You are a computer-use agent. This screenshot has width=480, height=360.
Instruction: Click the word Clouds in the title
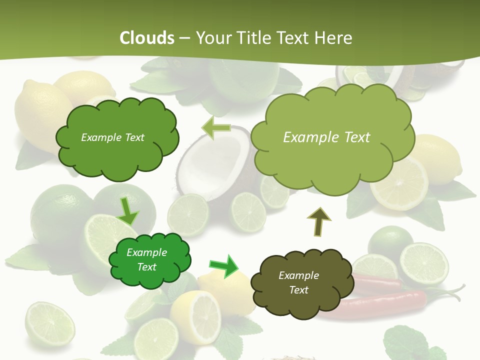click(x=147, y=38)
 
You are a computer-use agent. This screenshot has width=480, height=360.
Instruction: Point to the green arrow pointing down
click(x=128, y=211)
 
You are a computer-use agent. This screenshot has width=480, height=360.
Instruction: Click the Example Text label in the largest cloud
click(x=326, y=137)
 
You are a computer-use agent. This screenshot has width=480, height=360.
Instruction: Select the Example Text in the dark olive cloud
click(x=298, y=282)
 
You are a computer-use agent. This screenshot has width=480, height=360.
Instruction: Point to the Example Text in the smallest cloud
click(x=146, y=260)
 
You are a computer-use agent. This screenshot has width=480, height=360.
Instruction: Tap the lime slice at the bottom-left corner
click(x=49, y=324)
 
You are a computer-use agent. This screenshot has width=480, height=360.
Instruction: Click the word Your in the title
click(x=211, y=38)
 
